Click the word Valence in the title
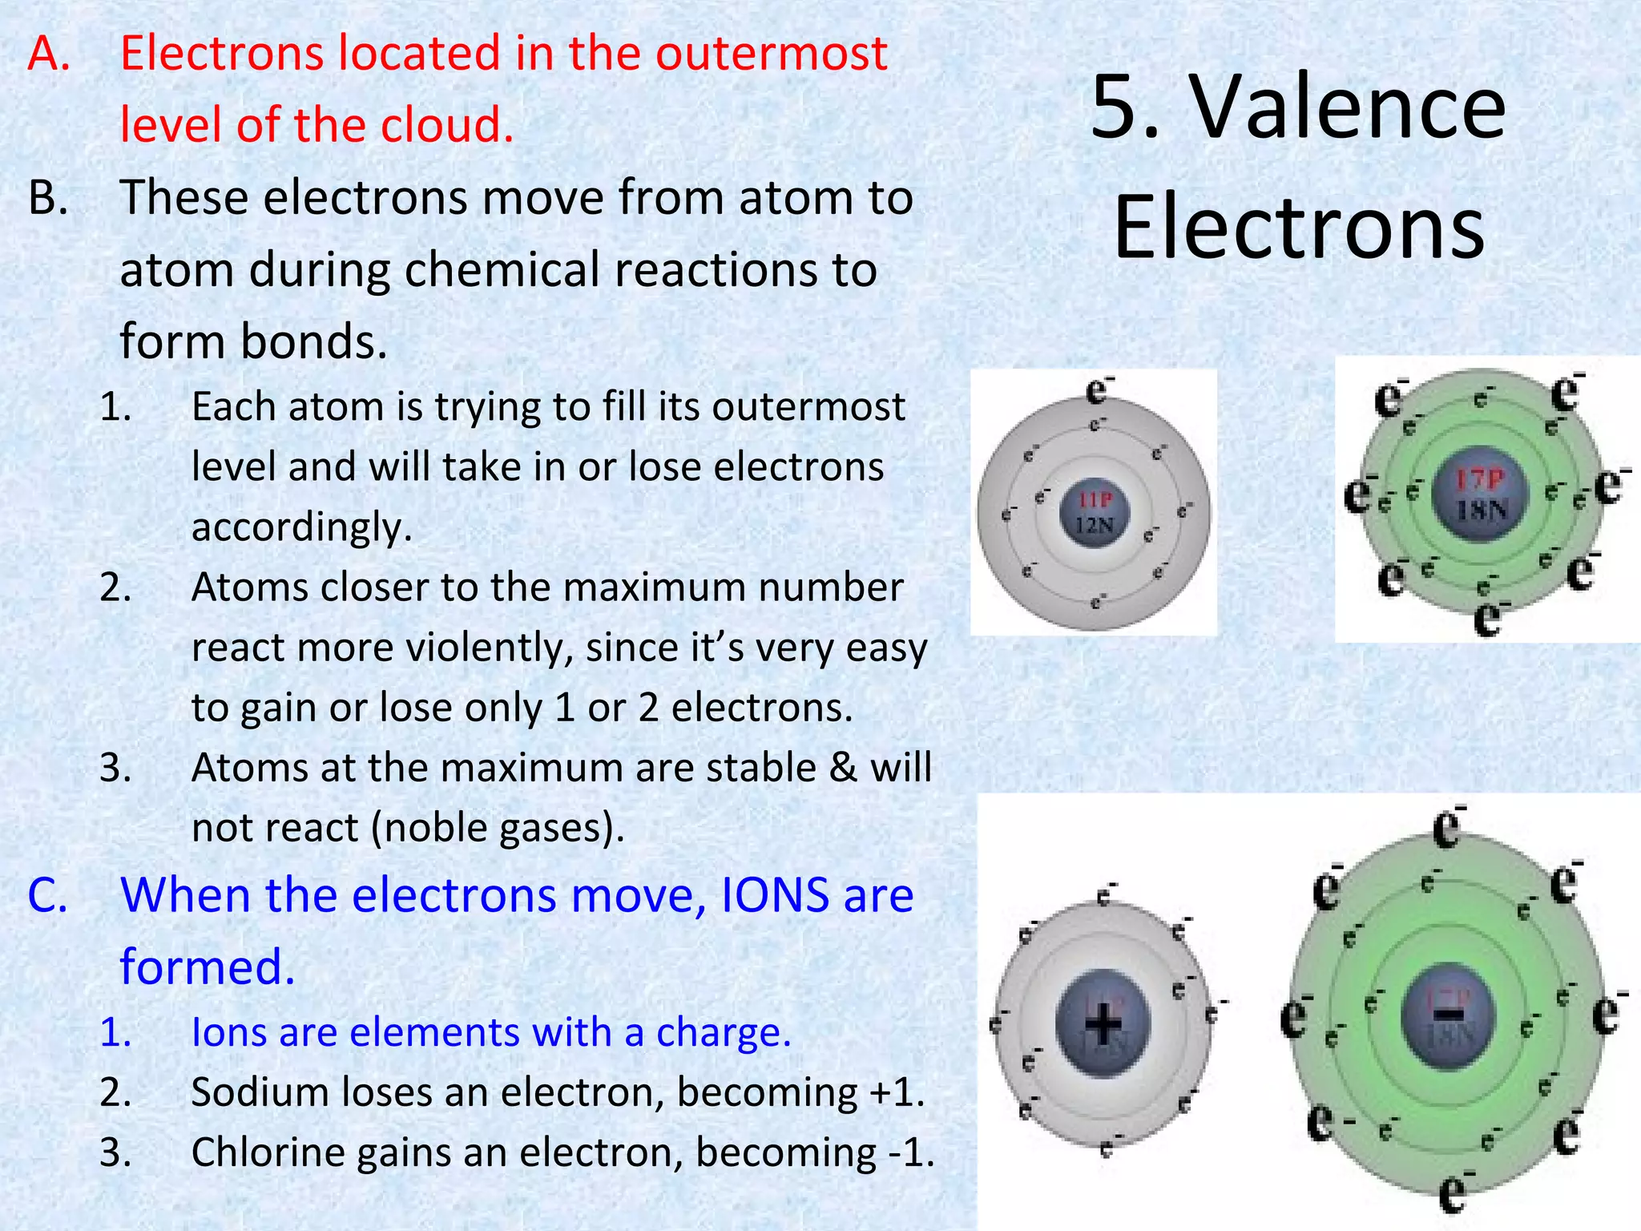1349,108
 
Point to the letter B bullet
48,198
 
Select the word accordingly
301,527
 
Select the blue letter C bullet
48,895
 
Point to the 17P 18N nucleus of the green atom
1480,494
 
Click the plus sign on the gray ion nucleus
1103,1023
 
